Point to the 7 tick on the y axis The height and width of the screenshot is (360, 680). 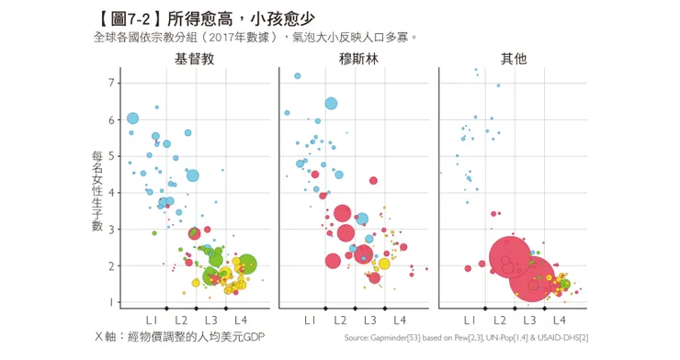(x=111, y=84)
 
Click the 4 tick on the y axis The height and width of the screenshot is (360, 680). (x=111, y=193)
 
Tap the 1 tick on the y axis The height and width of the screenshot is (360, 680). (x=111, y=302)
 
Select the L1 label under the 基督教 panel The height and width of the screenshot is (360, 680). (x=151, y=320)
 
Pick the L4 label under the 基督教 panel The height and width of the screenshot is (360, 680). (x=240, y=320)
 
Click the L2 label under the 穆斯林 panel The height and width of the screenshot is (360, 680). (x=340, y=320)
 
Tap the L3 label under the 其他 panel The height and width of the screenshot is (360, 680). (x=529, y=320)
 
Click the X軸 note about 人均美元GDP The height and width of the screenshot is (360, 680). (x=179, y=337)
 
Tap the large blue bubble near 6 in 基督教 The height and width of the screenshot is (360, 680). (x=132, y=118)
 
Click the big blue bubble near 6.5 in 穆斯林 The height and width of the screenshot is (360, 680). (x=331, y=104)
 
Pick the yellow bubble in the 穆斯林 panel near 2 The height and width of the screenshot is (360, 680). (x=384, y=264)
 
